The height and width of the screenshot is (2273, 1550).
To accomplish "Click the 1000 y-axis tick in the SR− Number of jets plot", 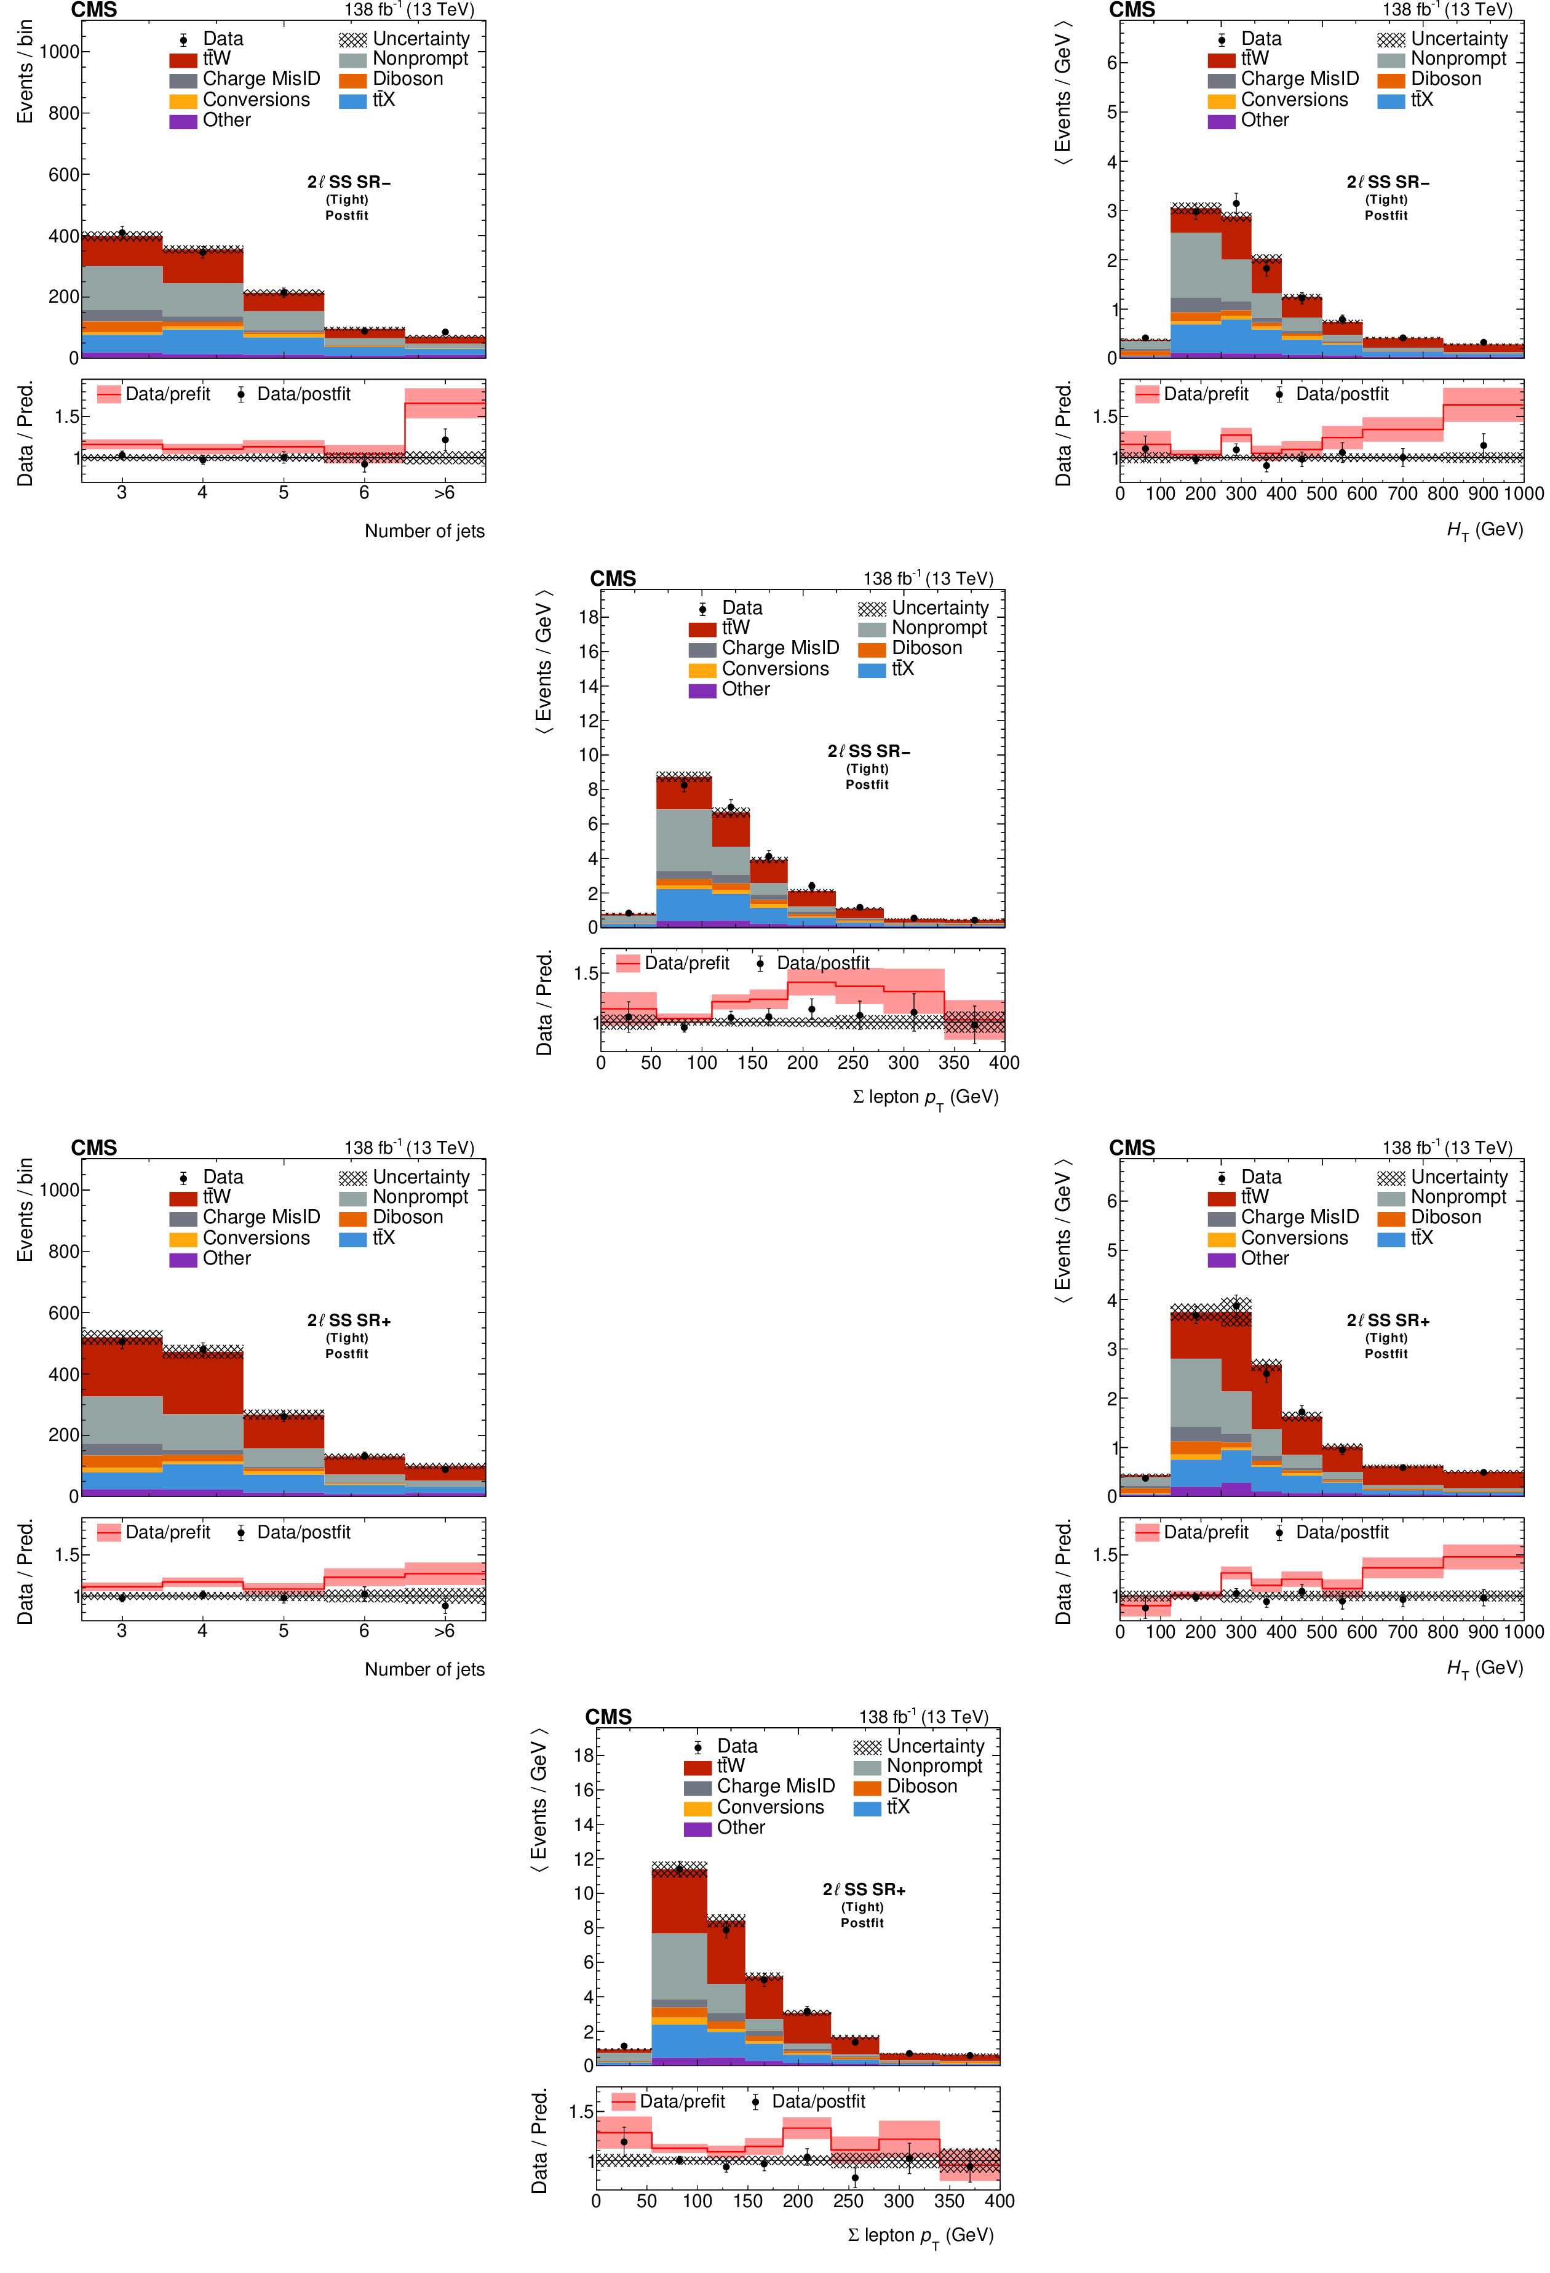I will click(58, 52).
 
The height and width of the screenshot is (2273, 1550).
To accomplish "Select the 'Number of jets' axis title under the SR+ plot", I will click(424, 1669).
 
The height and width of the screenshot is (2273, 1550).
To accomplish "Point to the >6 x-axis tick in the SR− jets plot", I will click(444, 493).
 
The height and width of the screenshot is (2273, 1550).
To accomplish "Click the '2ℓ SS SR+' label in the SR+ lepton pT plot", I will click(864, 1890).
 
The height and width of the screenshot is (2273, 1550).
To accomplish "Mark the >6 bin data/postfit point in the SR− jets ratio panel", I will click(445, 440).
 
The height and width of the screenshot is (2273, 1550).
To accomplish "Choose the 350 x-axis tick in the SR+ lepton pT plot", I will click(948, 2200).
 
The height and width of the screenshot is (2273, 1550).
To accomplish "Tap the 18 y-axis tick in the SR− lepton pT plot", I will click(588, 617).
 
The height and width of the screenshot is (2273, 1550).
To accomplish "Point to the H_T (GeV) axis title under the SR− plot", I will click(1484, 530).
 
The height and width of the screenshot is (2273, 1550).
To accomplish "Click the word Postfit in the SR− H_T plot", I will click(1386, 215).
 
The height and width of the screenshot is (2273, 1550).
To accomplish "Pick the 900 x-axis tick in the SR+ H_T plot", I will click(1482, 1631).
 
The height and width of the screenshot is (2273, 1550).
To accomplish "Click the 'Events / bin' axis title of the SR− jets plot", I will click(25, 73).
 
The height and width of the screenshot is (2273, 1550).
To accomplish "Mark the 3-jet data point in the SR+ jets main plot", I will click(121, 1341).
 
